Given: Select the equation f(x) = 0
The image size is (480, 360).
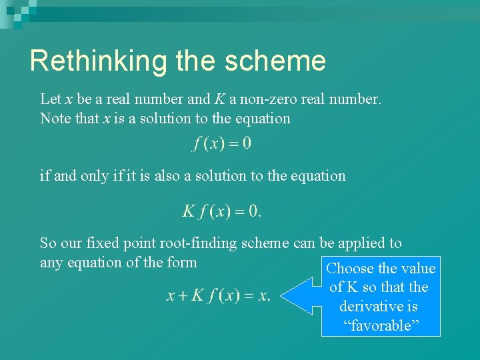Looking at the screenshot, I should [x=222, y=143].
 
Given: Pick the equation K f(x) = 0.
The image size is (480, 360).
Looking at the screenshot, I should [x=222, y=211].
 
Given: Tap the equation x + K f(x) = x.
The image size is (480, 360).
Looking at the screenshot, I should [x=219, y=295].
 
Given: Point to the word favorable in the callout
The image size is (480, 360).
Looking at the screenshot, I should [x=381, y=326].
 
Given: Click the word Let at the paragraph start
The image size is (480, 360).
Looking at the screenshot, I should [x=50, y=99].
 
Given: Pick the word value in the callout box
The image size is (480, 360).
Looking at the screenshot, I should [x=418, y=269].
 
